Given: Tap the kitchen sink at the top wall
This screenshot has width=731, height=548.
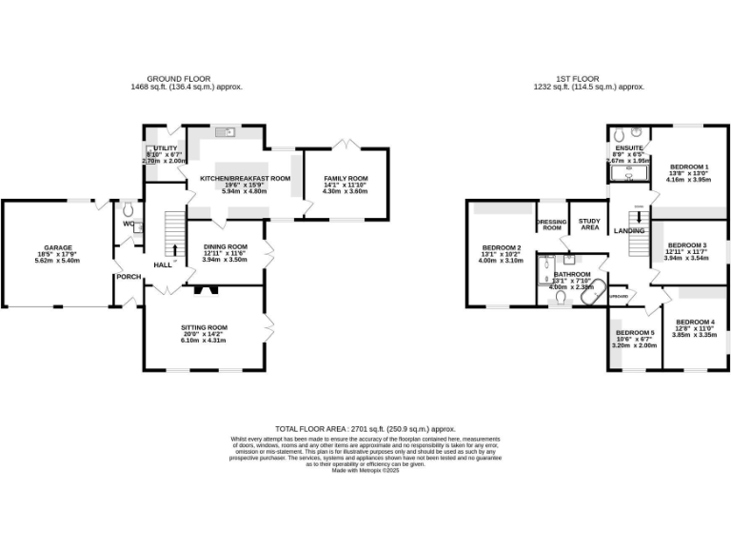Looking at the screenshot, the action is click(226, 131).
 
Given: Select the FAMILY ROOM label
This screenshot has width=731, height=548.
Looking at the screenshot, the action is click(345, 179).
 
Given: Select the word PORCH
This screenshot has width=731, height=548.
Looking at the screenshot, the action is click(128, 277).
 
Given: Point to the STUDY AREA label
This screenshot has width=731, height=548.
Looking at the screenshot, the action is click(589, 225).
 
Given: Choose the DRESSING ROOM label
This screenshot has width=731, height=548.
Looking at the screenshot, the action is click(551, 225).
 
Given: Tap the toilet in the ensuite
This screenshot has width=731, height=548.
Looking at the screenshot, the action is click(618, 132).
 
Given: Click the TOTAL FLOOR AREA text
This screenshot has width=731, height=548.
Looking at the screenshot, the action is click(365, 430).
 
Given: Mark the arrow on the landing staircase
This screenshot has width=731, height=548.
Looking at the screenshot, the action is click(639, 218).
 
